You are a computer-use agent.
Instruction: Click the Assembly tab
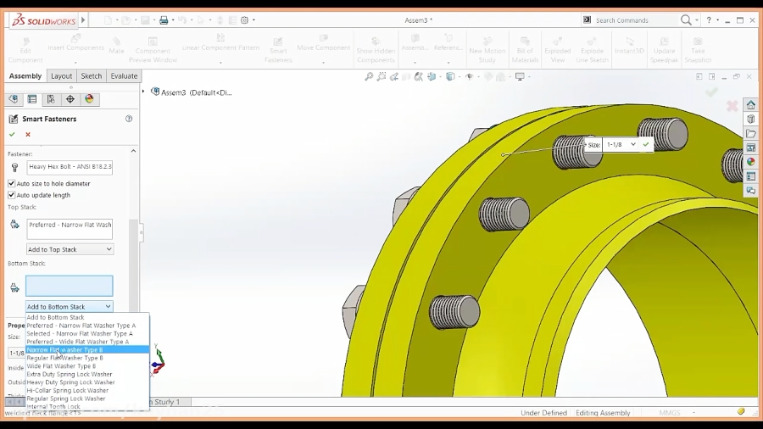click(x=25, y=76)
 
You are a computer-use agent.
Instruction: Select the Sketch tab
click(x=92, y=76)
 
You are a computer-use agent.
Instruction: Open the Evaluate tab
click(x=124, y=76)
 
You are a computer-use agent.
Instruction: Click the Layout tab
click(x=61, y=76)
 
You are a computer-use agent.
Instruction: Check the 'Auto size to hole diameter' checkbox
click(x=12, y=183)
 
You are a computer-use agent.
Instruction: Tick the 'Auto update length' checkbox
click(x=12, y=195)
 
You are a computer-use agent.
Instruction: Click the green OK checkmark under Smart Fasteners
click(x=12, y=134)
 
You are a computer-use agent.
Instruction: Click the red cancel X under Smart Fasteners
click(x=28, y=134)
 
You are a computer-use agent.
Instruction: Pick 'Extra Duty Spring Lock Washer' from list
click(x=70, y=374)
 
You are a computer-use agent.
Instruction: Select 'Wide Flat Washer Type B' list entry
click(x=61, y=366)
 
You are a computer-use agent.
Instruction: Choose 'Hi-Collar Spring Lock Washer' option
click(x=68, y=391)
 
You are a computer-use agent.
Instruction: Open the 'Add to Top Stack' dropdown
click(x=70, y=249)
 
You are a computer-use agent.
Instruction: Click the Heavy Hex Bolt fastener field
click(x=70, y=167)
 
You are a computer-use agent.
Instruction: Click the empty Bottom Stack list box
click(x=70, y=286)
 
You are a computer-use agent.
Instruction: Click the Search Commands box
click(x=636, y=20)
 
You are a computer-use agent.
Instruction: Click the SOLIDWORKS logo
click(x=44, y=20)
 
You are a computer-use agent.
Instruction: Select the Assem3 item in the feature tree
click(x=195, y=92)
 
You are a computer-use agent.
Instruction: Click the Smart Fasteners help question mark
click(x=129, y=119)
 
